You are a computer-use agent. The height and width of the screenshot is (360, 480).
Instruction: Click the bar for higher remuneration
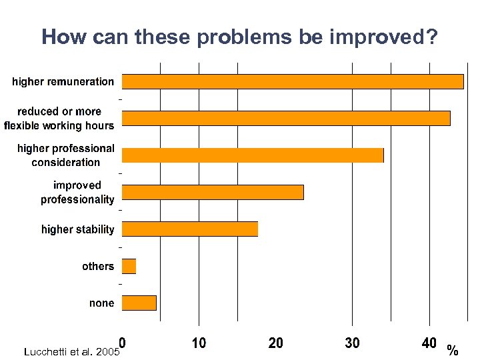293,81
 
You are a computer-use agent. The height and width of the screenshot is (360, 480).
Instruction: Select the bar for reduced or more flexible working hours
286,118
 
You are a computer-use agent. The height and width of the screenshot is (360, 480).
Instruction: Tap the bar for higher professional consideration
253,155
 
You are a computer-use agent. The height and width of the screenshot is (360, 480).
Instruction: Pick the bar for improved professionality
213,192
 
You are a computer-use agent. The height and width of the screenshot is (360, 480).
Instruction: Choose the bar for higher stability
190,229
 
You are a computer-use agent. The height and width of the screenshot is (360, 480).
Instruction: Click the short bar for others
129,266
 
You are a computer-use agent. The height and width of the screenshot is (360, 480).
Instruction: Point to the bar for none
139,303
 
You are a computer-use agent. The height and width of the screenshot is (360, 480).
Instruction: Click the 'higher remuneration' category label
63,81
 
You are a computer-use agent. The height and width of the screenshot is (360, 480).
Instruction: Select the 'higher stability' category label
77,229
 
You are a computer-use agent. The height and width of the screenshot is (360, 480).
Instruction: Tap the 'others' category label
98,266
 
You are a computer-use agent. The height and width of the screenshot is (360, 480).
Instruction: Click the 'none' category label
101,303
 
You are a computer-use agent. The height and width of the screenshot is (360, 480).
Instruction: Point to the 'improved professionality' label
77,192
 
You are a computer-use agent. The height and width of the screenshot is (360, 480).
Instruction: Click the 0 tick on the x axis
122,343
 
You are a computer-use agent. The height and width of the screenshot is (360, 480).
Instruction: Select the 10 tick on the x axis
199,343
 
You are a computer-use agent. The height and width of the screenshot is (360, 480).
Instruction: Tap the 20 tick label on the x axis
275,343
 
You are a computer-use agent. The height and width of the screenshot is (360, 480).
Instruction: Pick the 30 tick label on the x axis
352,343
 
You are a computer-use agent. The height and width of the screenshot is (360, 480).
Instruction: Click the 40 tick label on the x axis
429,343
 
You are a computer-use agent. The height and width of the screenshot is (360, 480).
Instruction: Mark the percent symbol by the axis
453,351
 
